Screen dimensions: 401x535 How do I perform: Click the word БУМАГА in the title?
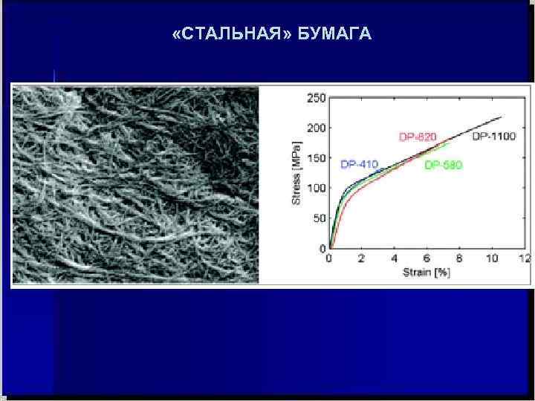[334, 34]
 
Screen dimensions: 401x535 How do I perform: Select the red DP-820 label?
[418, 137]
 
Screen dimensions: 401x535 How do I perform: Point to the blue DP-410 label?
[360, 163]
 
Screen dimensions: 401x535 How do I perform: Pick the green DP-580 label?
[443, 165]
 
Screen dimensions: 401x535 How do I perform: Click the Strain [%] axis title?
[427, 273]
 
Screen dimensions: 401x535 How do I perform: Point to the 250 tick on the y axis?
[317, 97]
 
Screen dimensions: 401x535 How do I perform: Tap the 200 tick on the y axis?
[317, 128]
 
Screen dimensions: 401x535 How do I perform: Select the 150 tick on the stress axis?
[317, 157]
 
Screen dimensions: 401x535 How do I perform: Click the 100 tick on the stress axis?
[317, 188]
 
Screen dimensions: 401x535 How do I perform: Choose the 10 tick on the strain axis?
[492, 258]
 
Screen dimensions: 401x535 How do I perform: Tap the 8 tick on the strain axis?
[460, 258]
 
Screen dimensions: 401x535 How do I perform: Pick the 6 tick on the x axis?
[427, 258]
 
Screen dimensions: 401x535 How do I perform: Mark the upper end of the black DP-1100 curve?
[502, 117]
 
